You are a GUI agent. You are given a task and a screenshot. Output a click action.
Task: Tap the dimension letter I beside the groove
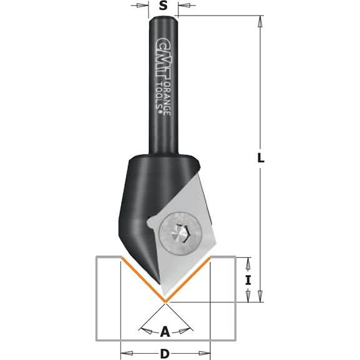pos(248,281)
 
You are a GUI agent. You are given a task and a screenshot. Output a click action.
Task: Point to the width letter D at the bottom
pos(165,354)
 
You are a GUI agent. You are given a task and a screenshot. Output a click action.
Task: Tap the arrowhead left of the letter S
pos(146,7)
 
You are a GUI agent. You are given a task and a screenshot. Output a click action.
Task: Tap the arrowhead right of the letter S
pos(182,7)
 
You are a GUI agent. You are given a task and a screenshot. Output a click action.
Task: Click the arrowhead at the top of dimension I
pos(248,260)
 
